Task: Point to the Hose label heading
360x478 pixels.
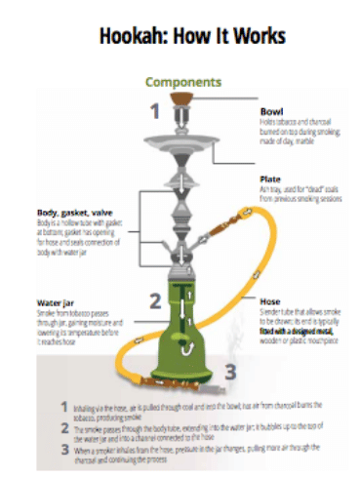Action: pyautogui.click(x=269, y=302)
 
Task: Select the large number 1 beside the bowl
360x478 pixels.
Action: pyautogui.click(x=153, y=111)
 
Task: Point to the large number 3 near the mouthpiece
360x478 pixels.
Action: pyautogui.click(x=230, y=370)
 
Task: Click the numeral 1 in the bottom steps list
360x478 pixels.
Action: pyautogui.click(x=65, y=405)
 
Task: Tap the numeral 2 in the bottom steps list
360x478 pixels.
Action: pyautogui.click(x=65, y=427)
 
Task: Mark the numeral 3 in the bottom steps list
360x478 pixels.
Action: pyautogui.click(x=65, y=450)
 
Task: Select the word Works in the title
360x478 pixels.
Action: pyautogui.click(x=255, y=36)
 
